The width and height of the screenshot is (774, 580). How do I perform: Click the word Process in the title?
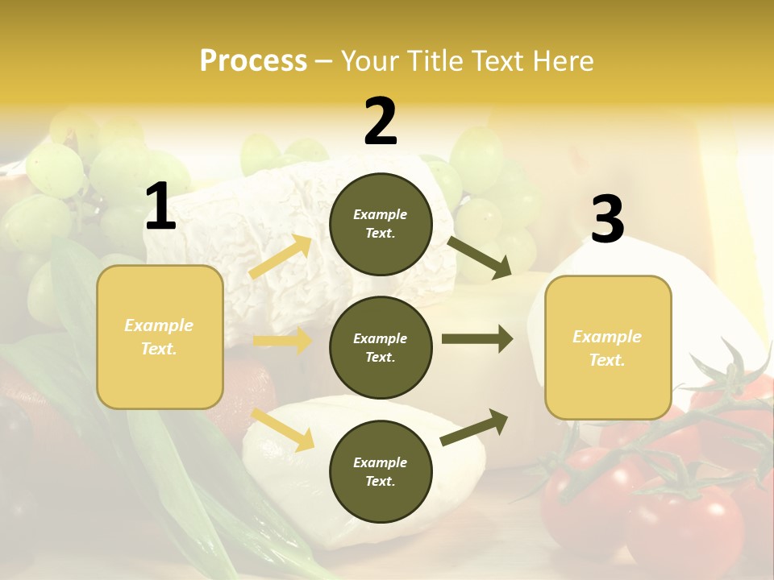point(253,61)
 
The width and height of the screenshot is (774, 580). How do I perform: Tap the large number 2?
point(381,122)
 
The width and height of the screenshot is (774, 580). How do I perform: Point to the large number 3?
point(607,221)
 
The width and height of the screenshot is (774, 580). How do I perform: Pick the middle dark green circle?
point(381,347)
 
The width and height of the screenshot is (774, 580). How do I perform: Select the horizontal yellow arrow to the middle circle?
point(282,341)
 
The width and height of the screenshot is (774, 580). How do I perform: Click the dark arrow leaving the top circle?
point(479,257)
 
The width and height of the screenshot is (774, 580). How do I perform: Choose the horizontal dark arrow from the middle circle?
point(477,339)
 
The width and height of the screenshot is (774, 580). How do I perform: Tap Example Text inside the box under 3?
point(607,348)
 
